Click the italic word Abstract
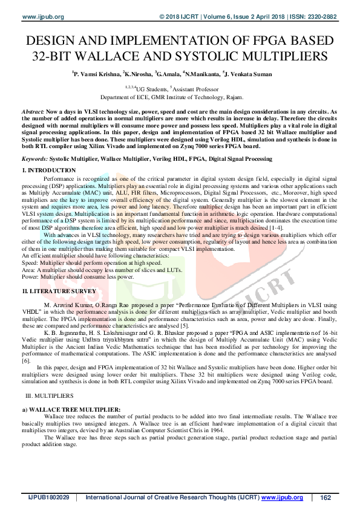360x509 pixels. tap(32, 112)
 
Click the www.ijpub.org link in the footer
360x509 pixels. tap(283, 497)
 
